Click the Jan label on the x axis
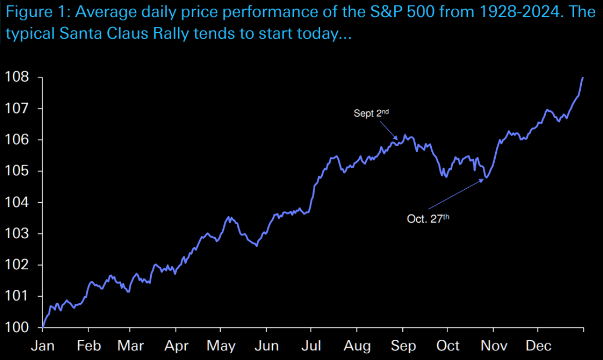coord(43,346)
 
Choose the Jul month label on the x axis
coord(311,346)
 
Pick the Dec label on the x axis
coord(539,346)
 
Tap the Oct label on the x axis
coord(449,346)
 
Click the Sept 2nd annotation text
coord(371,113)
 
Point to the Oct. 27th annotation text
coord(428,218)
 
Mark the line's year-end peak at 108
coord(583,77)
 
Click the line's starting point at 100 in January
coord(43,328)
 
